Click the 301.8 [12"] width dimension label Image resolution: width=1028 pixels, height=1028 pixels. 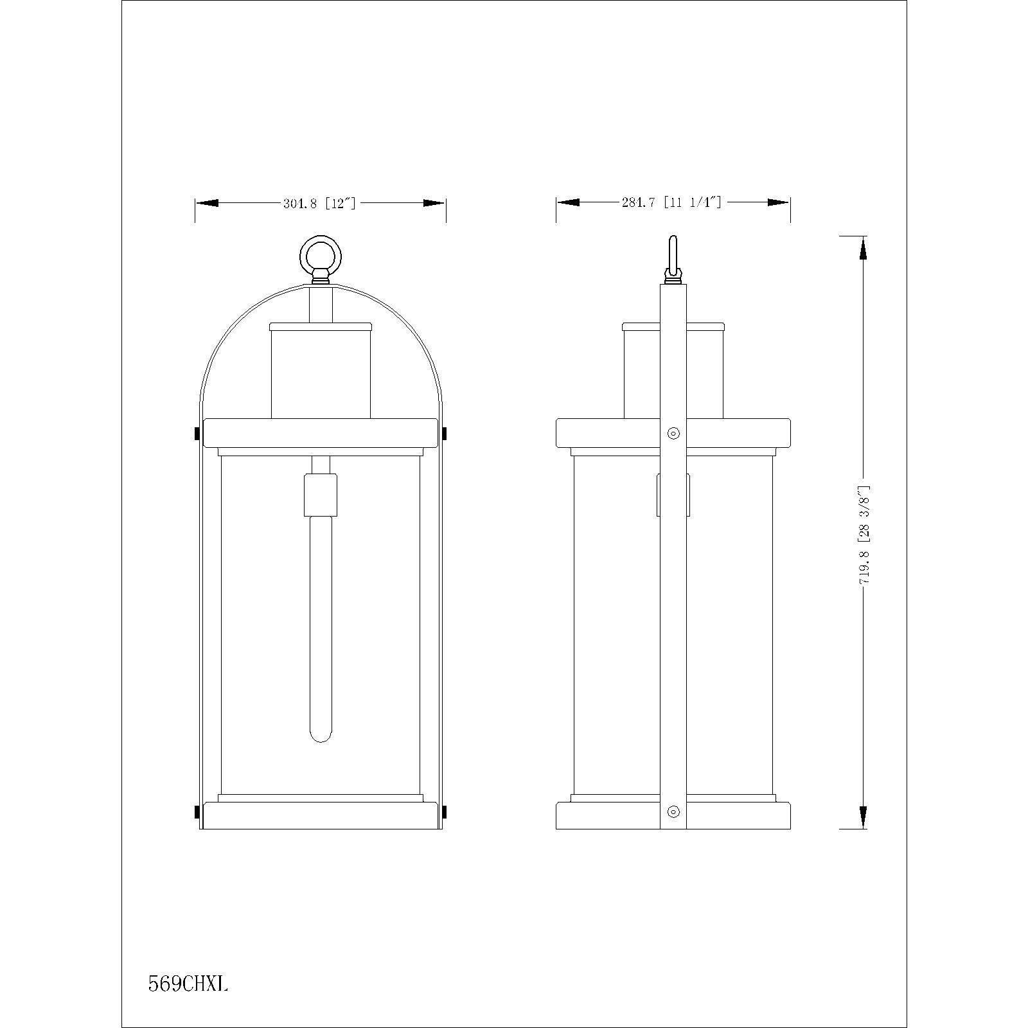[319, 204]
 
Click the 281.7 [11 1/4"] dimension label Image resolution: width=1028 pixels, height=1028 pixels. [671, 202]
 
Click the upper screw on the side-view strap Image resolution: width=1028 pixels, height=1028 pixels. [673, 433]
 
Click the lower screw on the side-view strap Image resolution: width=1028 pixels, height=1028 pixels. [673, 811]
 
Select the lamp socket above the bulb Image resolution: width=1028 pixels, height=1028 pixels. [321, 494]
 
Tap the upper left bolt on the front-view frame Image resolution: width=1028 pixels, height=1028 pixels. [197, 435]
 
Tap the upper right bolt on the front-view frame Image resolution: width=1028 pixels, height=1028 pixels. [445, 435]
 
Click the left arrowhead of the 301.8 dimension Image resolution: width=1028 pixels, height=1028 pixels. [207, 203]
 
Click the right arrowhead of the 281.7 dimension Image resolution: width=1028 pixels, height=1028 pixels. [779, 202]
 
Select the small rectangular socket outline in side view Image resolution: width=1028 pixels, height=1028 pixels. [673, 495]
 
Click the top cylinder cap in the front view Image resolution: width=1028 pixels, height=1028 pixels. [321, 327]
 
